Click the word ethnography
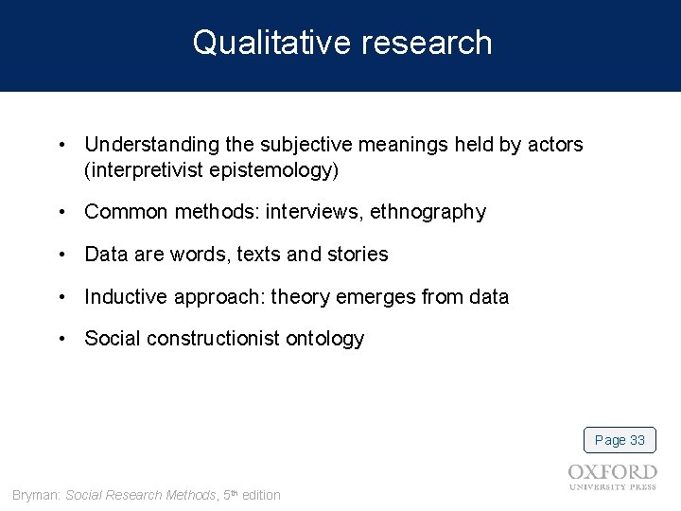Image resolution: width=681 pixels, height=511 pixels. [x=428, y=212]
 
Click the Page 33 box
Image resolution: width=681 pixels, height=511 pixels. [x=620, y=440]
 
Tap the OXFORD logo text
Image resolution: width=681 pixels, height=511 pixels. [x=613, y=472]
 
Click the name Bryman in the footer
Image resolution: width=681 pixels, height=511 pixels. [x=35, y=495]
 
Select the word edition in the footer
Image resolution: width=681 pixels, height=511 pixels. [x=261, y=495]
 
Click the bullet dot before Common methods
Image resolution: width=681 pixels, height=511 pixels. [x=61, y=212]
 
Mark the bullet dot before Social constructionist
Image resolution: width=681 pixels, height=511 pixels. [x=61, y=339]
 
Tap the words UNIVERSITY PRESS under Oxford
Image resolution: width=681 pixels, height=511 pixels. [x=613, y=487]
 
